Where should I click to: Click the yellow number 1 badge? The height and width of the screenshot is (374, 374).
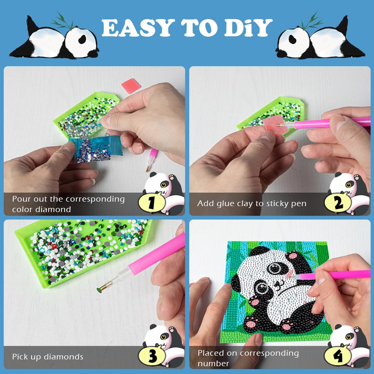point(151,203)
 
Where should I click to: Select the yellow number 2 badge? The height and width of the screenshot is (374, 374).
point(338,203)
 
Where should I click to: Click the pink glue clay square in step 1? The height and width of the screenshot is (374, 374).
point(131,86)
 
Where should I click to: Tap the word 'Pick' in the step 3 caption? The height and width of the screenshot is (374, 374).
point(20,357)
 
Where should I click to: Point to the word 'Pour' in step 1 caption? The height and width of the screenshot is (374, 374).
point(21,199)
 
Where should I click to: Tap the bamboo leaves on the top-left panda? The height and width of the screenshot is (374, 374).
point(63,21)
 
